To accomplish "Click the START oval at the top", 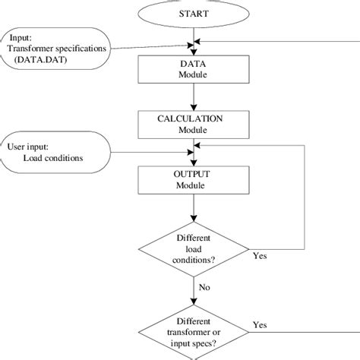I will (x=195, y=14).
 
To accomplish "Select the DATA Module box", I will (x=196, y=69).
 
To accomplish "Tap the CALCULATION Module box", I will (x=196, y=125).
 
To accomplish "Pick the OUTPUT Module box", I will (x=196, y=180).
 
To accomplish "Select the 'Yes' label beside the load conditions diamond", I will (x=260, y=256).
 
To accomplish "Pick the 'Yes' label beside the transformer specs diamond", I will (x=260, y=324).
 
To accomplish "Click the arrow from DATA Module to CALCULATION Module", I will (x=196, y=97).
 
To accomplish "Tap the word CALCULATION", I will (x=196, y=119).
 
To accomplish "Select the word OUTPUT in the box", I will (x=196, y=175).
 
